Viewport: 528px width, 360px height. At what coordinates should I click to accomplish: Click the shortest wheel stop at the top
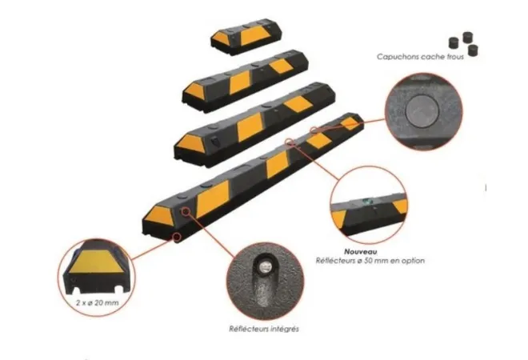(x=246, y=36)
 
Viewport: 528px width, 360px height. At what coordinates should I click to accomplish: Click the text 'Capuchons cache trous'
(x=420, y=57)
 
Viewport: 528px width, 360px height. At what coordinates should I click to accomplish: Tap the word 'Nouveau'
(x=360, y=251)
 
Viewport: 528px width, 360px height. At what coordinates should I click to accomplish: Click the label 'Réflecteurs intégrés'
(x=264, y=329)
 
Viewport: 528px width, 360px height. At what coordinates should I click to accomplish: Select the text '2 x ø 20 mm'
(x=98, y=302)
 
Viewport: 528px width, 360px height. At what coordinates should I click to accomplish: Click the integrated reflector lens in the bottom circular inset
(x=265, y=267)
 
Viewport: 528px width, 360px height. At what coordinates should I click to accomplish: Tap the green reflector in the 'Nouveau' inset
(x=367, y=202)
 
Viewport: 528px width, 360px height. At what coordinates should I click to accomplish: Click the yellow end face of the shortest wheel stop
(x=221, y=38)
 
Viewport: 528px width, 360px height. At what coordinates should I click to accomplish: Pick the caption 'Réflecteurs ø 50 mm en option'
(x=370, y=261)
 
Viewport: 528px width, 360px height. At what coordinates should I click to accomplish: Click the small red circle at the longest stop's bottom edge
(x=177, y=236)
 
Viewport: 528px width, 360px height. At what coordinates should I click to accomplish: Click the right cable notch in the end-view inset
(x=119, y=289)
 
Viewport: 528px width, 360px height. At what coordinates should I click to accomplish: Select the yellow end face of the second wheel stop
(x=195, y=90)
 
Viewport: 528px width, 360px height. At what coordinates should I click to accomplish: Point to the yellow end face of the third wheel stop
(x=190, y=143)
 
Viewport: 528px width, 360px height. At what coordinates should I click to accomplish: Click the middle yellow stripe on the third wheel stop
(x=250, y=127)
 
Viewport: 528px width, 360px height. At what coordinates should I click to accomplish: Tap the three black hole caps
(x=464, y=44)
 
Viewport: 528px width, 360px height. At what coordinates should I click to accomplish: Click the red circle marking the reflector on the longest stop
(x=186, y=211)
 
